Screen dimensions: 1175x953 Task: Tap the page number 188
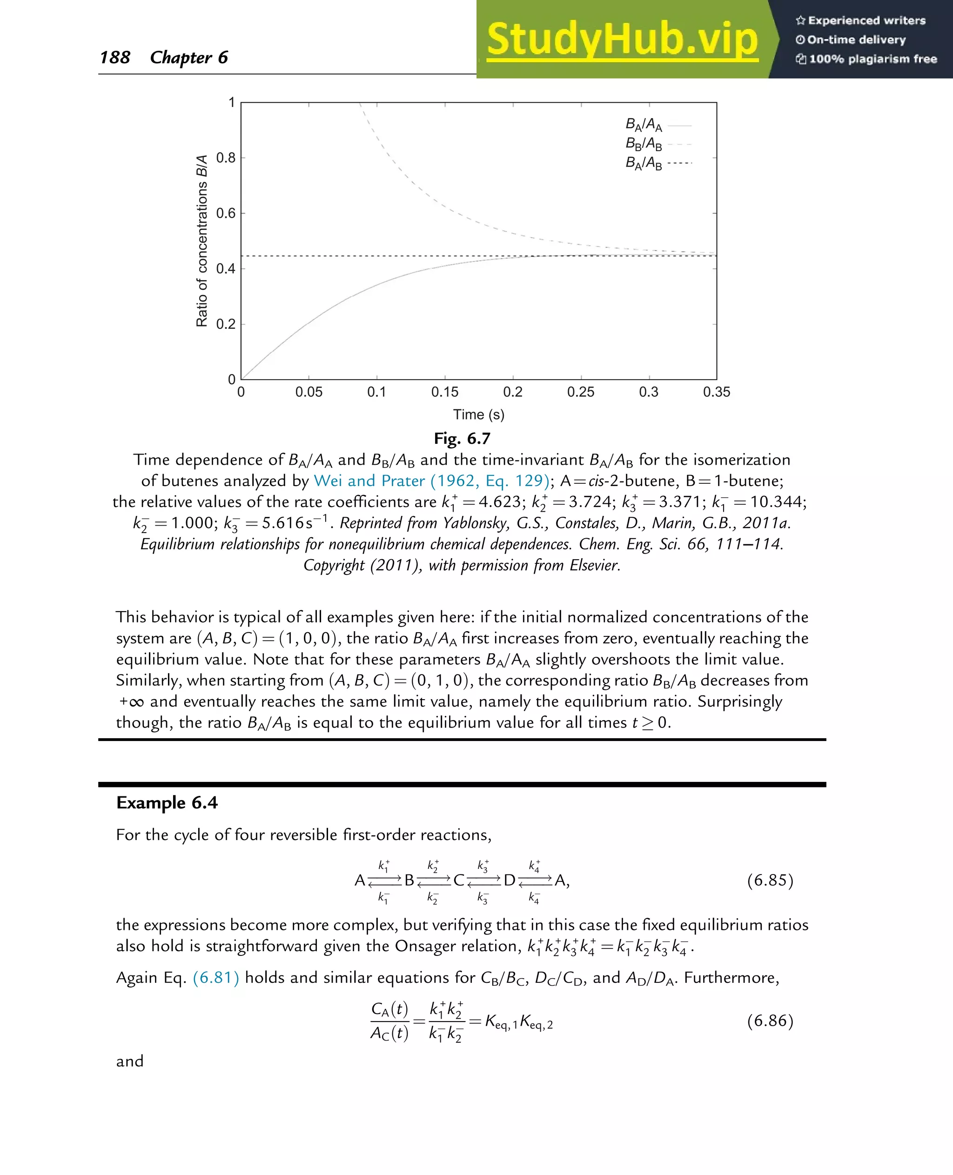[x=115, y=57]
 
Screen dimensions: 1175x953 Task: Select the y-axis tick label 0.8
[x=226, y=158]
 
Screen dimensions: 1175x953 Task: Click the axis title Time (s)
[x=478, y=414]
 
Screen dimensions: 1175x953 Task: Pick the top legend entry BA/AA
[x=644, y=125]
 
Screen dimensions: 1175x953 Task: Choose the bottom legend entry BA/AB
[x=644, y=163]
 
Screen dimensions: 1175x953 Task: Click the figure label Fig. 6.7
[x=462, y=439]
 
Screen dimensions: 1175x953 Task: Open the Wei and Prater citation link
[x=431, y=481]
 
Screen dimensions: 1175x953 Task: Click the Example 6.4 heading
[x=167, y=802]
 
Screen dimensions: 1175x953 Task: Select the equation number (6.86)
[x=770, y=1020]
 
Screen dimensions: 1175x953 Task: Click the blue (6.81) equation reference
[x=216, y=977]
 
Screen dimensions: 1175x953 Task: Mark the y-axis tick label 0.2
[x=226, y=324]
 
